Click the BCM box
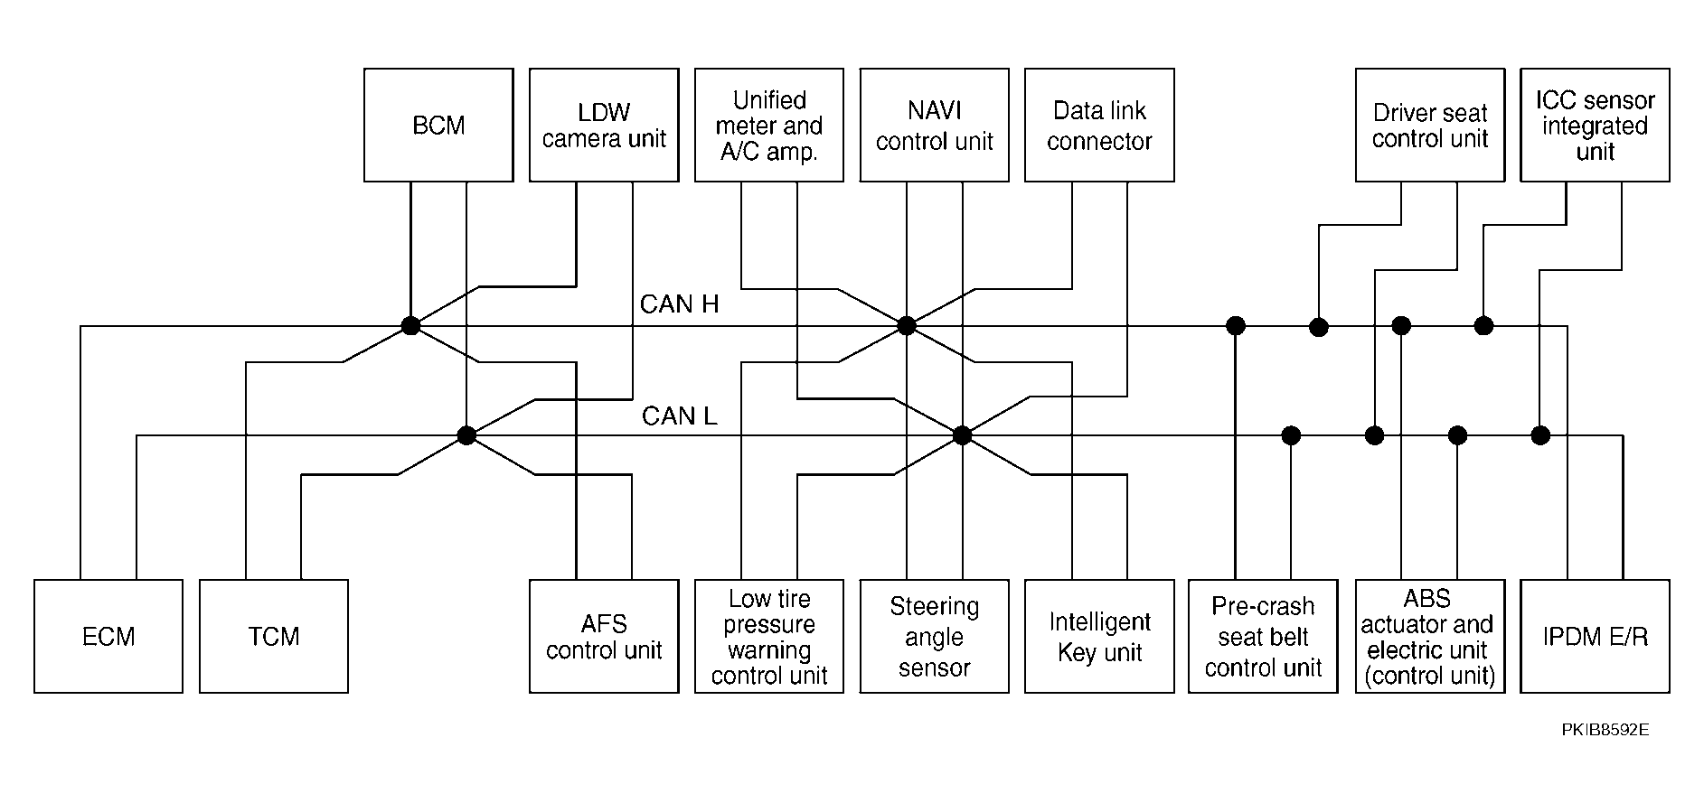(x=438, y=125)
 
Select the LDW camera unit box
(x=604, y=125)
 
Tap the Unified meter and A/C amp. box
(x=769, y=125)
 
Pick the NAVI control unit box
(x=935, y=125)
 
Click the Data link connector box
(x=1099, y=125)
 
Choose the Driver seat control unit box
(x=1430, y=125)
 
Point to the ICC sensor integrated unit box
(x=1596, y=125)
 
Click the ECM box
(x=108, y=637)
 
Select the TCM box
(x=274, y=637)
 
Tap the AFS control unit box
(x=604, y=637)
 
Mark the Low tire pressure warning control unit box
(x=769, y=637)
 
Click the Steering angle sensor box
(x=935, y=637)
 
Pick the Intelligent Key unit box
(x=1099, y=637)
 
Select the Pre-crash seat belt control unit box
(x=1263, y=637)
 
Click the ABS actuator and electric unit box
(x=1430, y=637)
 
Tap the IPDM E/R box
(x=1596, y=637)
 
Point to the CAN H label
(x=680, y=304)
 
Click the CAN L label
(x=680, y=416)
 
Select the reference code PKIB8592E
(x=1605, y=730)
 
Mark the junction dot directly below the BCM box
(x=410, y=326)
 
